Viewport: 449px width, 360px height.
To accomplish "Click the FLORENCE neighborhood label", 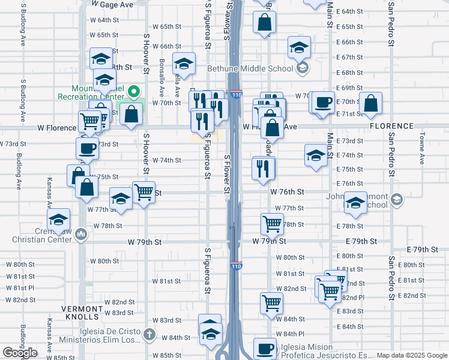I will click(391, 126).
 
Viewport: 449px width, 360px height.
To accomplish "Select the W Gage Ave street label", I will click(112, 4).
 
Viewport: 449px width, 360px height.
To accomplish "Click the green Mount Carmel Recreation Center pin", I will click(134, 92).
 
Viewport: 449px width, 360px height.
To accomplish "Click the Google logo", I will click(20, 353).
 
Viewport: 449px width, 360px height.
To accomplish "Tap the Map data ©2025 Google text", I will click(411, 355).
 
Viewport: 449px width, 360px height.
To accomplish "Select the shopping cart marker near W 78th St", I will click(273, 224).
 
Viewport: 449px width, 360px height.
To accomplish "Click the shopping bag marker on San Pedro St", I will click(371, 104).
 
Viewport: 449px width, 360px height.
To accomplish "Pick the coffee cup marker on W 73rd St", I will click(88, 148).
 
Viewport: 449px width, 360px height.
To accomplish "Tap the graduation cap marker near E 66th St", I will click(298, 47).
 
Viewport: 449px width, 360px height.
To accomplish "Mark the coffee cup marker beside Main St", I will click(324, 102).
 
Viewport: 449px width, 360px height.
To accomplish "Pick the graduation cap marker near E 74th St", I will click(315, 156).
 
